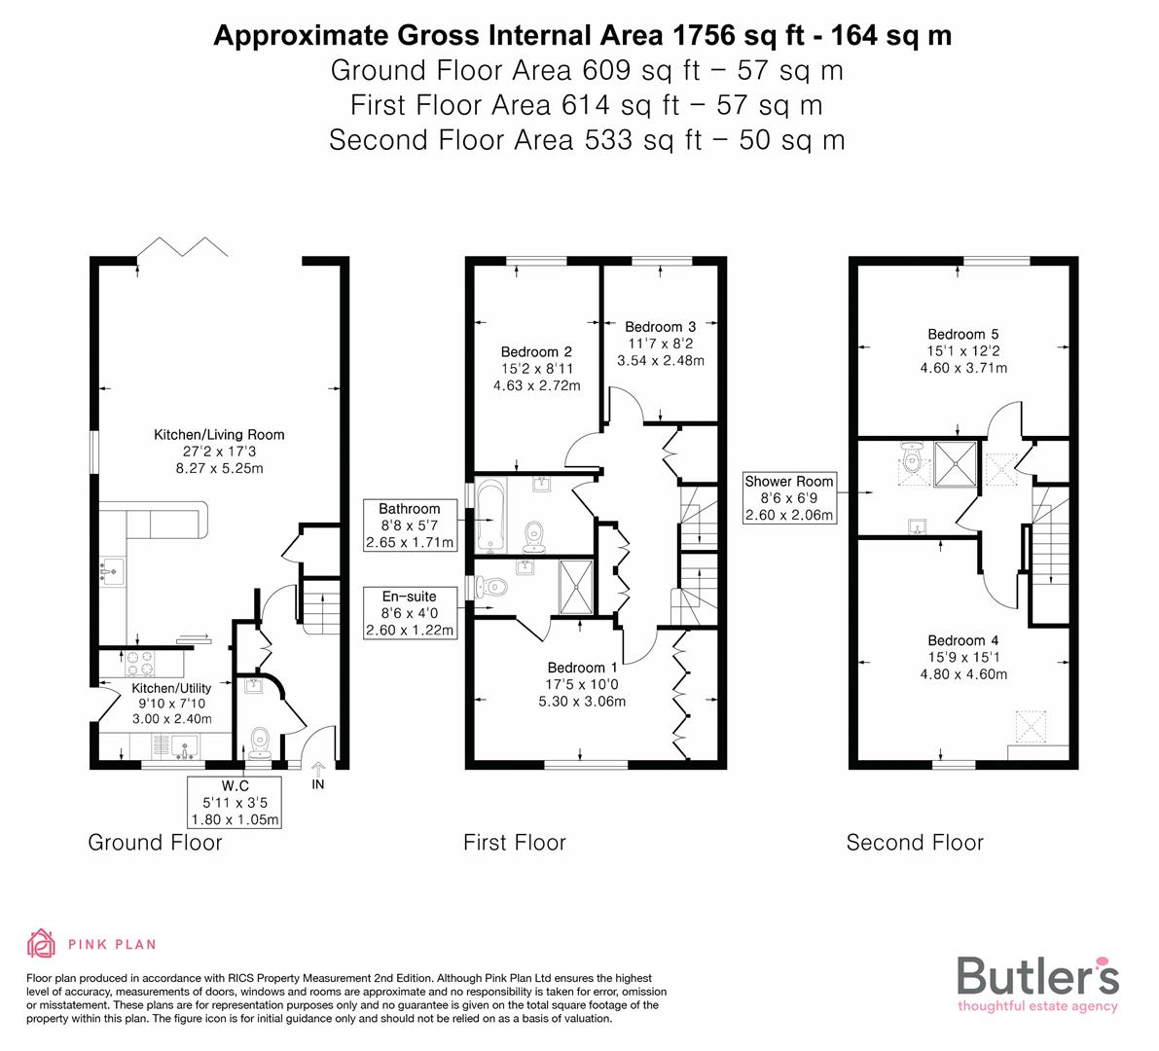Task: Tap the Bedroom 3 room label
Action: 660,327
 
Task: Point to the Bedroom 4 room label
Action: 962,640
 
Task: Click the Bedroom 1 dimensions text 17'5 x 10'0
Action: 581,684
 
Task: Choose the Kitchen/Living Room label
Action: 219,435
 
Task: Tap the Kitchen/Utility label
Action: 171,689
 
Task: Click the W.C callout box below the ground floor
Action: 235,802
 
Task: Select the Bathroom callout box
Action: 410,525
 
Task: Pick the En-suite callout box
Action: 410,613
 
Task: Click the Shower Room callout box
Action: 789,498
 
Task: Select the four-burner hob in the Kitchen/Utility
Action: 139,665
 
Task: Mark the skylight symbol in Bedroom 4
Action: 1030,725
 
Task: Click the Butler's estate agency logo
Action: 1037,983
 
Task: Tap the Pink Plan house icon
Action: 42,944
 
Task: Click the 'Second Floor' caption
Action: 915,843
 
